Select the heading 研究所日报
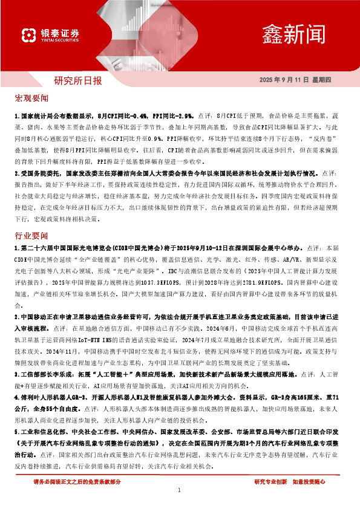[78, 80]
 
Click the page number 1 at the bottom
[180, 490]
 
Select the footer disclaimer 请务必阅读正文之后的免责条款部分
[77, 481]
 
